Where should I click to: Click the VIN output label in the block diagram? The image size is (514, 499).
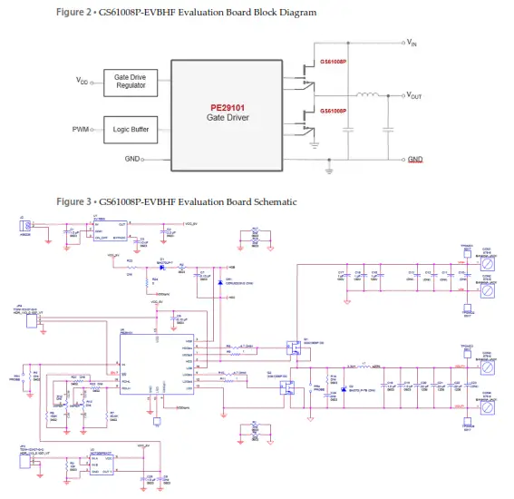[x=412, y=43]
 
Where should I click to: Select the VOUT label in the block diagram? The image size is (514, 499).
[x=415, y=95]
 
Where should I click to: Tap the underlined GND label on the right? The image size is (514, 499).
[x=415, y=160]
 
